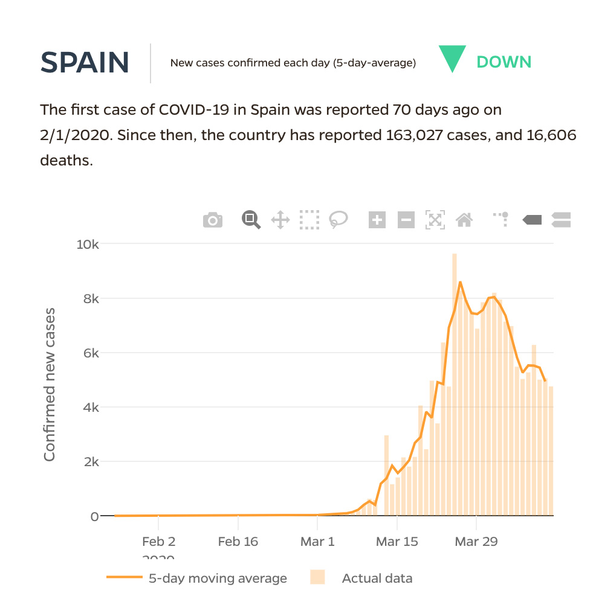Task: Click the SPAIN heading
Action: (85, 62)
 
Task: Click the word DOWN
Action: (504, 62)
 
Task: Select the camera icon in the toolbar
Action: (213, 220)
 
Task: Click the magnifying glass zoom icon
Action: (251, 220)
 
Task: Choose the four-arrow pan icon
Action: (280, 220)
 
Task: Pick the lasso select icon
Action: (338, 220)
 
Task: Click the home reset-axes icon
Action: (464, 220)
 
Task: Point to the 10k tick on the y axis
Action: (88, 245)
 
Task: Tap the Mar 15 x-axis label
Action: (397, 542)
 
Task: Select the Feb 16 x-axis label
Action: (238, 542)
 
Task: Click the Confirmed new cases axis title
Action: (50, 385)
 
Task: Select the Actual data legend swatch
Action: (317, 578)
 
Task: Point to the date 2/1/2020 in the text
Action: (76, 135)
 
